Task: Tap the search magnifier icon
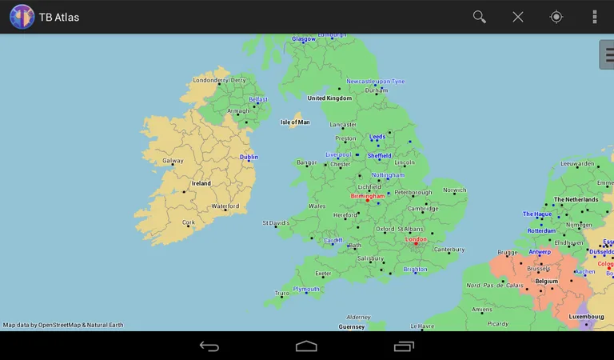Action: [480, 17]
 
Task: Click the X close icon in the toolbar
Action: [518, 17]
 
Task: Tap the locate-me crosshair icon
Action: [556, 17]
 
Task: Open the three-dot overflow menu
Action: [594, 17]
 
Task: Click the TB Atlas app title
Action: [59, 18]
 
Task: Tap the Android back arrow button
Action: [209, 346]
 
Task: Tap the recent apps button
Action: [404, 346]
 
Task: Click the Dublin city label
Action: [249, 157]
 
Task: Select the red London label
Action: [416, 238]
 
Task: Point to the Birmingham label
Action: [368, 195]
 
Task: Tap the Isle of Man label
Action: [295, 122]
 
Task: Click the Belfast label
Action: [258, 99]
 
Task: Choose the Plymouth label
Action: [306, 289]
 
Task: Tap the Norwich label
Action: [454, 190]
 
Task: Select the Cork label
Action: [189, 222]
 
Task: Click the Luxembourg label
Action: [586, 316]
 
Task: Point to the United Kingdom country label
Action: [329, 98]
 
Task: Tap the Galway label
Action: [173, 160]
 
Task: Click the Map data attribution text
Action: [63, 325]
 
